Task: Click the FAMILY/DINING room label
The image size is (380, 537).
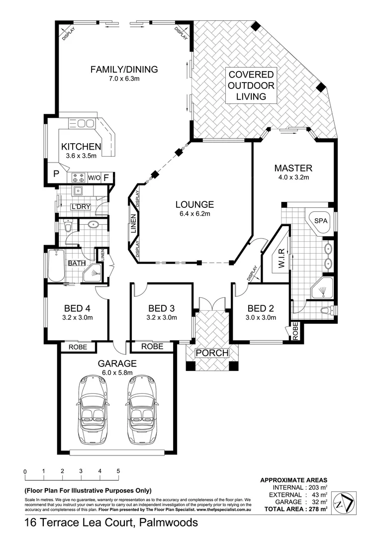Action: pos(124,69)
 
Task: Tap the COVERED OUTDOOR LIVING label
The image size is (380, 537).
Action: pos(251,86)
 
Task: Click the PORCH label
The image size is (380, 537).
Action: pos(212,353)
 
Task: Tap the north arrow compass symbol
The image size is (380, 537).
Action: pos(344,504)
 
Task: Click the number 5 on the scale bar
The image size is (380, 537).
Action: pos(118,470)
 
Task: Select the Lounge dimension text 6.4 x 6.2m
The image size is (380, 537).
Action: pos(194,214)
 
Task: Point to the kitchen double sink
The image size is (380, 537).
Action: pos(85,123)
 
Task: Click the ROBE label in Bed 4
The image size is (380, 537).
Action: pos(79,347)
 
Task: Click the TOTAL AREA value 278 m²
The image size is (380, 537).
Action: pos(318,509)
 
